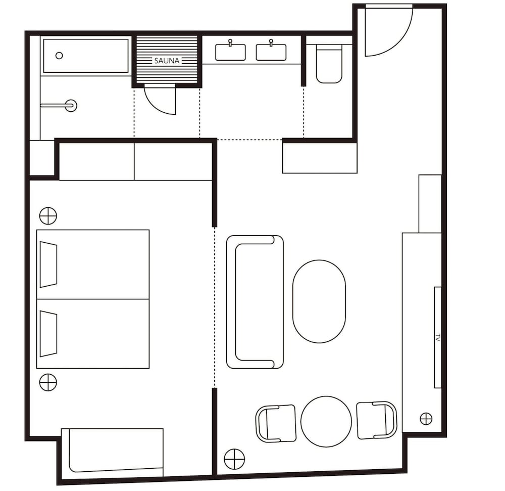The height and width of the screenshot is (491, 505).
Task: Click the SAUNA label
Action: pos(167,61)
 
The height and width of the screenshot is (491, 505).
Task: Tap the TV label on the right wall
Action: pos(438,338)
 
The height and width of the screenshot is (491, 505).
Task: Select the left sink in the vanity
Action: pos(230,52)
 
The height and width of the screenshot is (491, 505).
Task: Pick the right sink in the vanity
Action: pos(271,52)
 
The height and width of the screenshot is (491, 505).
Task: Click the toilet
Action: pos(329,64)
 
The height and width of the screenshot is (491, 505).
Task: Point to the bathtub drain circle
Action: pos(59,56)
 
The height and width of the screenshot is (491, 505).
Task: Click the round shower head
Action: pos(71,105)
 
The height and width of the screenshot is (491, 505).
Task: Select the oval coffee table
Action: pos(319,301)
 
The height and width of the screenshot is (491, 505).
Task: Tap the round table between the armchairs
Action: pos(326,422)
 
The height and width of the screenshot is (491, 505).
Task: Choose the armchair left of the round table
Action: pos(276,424)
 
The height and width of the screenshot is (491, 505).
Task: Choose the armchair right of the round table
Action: pos(377,420)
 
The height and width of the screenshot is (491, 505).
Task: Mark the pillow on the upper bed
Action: pos(48,264)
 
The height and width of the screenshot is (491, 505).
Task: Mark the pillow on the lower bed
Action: pos(48,334)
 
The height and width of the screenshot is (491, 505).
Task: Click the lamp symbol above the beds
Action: pos(48,216)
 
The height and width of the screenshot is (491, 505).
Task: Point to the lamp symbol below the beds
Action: pos(48,382)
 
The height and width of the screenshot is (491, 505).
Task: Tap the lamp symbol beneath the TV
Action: pos(426,419)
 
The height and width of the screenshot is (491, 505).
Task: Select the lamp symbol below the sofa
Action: pos(234,459)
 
